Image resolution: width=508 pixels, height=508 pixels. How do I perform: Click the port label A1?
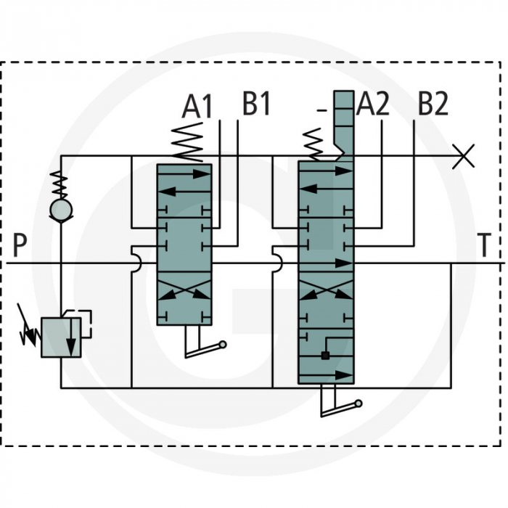point(197,107)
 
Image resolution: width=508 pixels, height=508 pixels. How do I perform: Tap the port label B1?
point(256,105)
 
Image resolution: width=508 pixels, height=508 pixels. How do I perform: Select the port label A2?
point(373,105)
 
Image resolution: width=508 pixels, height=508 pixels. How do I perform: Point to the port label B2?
point(433,105)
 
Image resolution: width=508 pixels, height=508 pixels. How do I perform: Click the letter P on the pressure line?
point(20,245)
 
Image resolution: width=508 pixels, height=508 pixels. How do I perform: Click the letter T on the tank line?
point(484,245)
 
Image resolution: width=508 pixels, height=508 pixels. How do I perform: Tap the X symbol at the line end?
point(463,155)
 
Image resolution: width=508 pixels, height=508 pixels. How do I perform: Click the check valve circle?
point(60,210)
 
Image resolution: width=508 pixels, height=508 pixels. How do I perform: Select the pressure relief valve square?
point(60,337)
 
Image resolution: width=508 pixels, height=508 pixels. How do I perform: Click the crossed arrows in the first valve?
point(184,292)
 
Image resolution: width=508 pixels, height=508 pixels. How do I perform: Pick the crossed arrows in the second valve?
point(326,292)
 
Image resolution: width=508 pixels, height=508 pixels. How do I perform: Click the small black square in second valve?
point(325,355)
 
